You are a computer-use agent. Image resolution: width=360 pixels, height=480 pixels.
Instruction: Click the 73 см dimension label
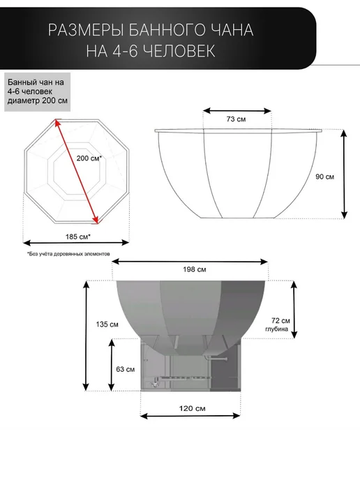pyautogui.click(x=236, y=119)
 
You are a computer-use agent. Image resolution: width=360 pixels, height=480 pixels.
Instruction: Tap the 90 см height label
pyautogui.click(x=325, y=177)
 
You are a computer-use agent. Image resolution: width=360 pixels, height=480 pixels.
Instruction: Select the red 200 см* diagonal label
pyautogui.click(x=89, y=158)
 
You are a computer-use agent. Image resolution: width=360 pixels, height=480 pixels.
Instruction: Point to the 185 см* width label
pyautogui.click(x=77, y=237)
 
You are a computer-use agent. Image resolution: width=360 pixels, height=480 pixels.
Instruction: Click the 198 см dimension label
pyautogui.click(x=195, y=269)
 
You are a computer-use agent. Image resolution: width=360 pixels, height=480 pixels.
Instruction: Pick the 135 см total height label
pyautogui.click(x=107, y=324)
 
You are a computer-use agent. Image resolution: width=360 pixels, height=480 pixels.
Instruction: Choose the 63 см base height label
pyautogui.click(x=125, y=370)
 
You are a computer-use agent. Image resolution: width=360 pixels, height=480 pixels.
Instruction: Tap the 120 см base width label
pyautogui.click(x=193, y=408)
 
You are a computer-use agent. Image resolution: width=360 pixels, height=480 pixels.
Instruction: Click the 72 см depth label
pyautogui.click(x=280, y=320)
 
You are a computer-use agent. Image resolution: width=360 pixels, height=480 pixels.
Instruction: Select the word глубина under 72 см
pyautogui.click(x=277, y=329)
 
